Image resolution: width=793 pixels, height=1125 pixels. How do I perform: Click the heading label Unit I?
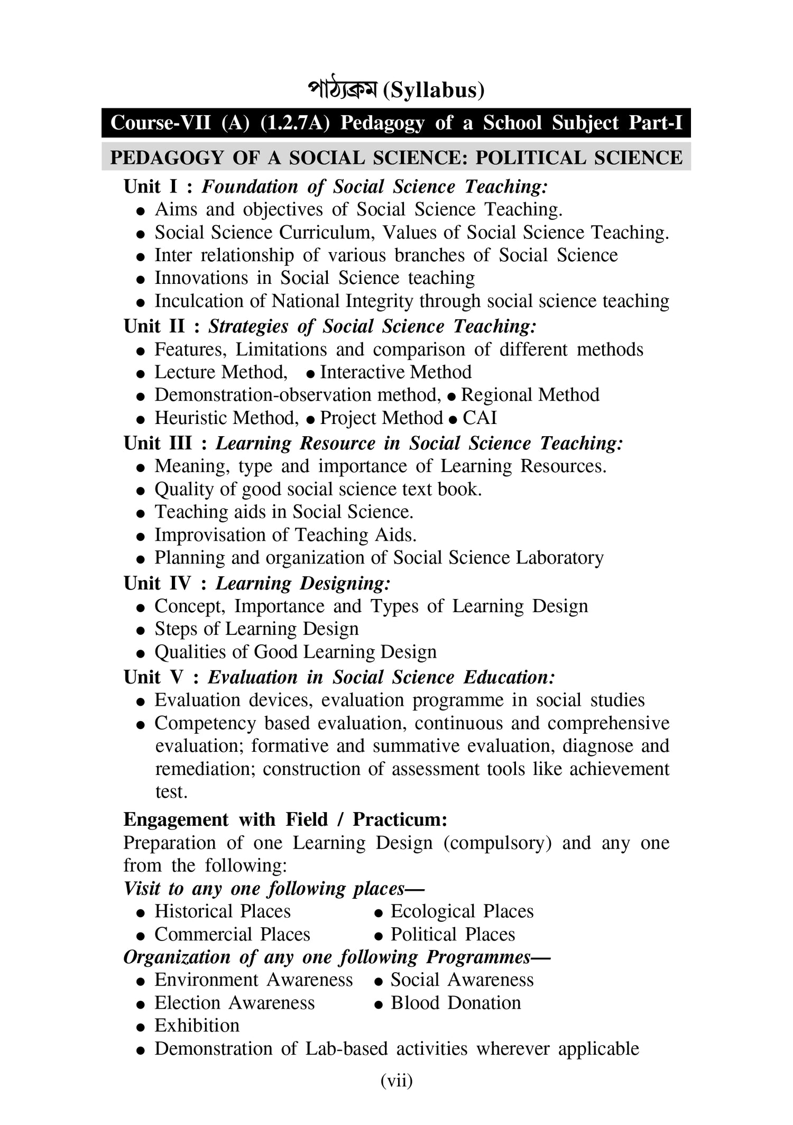tap(151, 187)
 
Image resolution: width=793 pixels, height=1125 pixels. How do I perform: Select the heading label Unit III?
tap(158, 443)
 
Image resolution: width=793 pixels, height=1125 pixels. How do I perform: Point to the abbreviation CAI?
tap(480, 418)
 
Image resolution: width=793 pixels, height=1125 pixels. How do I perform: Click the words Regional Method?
tap(530, 395)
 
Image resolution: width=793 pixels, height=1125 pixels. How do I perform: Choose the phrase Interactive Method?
tap(395, 372)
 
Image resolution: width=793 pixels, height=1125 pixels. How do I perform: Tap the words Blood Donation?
tap(456, 1003)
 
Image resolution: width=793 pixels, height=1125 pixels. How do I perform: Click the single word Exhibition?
tap(197, 1026)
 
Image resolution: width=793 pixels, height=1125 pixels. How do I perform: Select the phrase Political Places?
tap(453, 934)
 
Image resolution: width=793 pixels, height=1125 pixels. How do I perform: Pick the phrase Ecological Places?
tap(462, 911)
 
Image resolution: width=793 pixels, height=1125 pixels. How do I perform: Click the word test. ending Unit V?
tap(171, 792)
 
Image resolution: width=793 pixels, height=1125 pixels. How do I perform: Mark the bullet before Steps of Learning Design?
tap(141, 630)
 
